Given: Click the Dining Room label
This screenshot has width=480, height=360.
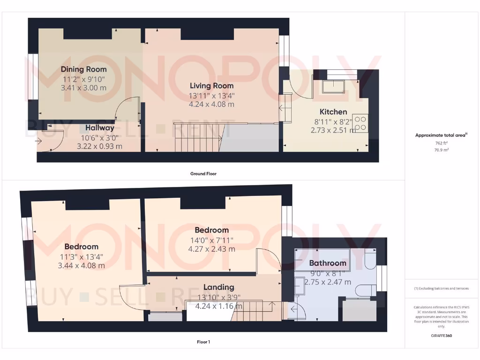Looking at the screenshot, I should (84, 69).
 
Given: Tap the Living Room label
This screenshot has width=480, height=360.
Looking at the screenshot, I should (211, 86).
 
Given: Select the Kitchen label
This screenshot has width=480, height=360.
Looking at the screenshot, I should (333, 112).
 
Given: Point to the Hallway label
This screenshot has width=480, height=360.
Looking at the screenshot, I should (99, 127).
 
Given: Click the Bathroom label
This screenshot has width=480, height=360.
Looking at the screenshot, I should (328, 263).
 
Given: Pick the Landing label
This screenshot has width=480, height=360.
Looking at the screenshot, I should (218, 287).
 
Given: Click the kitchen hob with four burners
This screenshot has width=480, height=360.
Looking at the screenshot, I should (360, 123).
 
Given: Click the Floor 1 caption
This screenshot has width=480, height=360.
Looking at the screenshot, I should (203, 342).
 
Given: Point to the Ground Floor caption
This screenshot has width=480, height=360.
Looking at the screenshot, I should (203, 173).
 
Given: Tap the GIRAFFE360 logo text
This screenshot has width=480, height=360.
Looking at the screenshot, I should (441, 336).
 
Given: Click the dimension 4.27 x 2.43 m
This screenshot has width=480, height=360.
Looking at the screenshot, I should (211, 249).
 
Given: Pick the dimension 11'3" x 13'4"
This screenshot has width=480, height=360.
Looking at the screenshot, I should (81, 256).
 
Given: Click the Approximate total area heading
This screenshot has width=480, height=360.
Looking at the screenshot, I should (441, 135).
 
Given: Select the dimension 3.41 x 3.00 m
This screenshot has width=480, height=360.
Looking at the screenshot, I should (83, 88).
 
